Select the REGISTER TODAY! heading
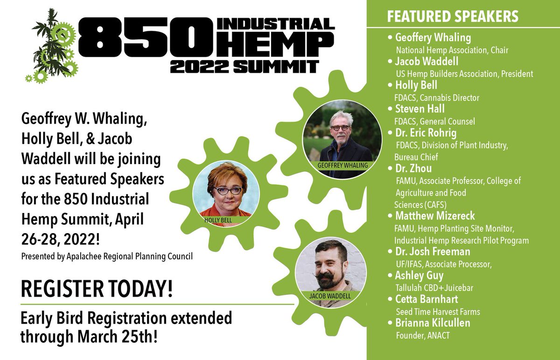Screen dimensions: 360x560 click(x=97, y=290)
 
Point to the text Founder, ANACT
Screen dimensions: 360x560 click(x=422, y=334)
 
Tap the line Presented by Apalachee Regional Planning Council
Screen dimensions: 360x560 click(x=107, y=256)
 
